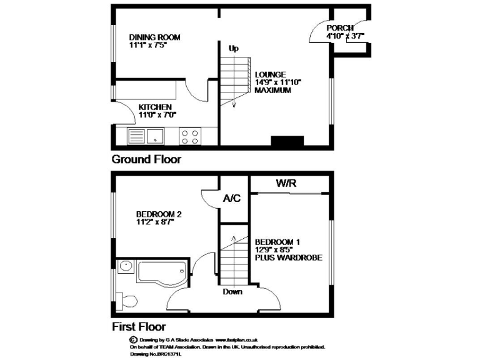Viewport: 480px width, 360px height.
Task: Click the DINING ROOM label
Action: pyautogui.click(x=154, y=37)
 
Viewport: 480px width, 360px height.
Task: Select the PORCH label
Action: pyautogui.click(x=340, y=28)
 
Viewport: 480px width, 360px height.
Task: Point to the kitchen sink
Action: pyautogui.click(x=145, y=135)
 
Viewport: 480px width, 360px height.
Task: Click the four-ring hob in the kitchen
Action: pyautogui.click(x=189, y=136)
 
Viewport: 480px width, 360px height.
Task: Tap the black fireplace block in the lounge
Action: pyautogui.click(x=287, y=142)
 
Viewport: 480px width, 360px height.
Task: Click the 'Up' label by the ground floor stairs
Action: pyautogui.click(x=234, y=48)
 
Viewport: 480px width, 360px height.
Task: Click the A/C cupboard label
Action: pyautogui.click(x=232, y=199)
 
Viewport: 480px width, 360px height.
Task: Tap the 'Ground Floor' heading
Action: pyautogui.click(x=146, y=159)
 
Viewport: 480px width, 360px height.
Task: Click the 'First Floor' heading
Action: pyautogui.click(x=139, y=326)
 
